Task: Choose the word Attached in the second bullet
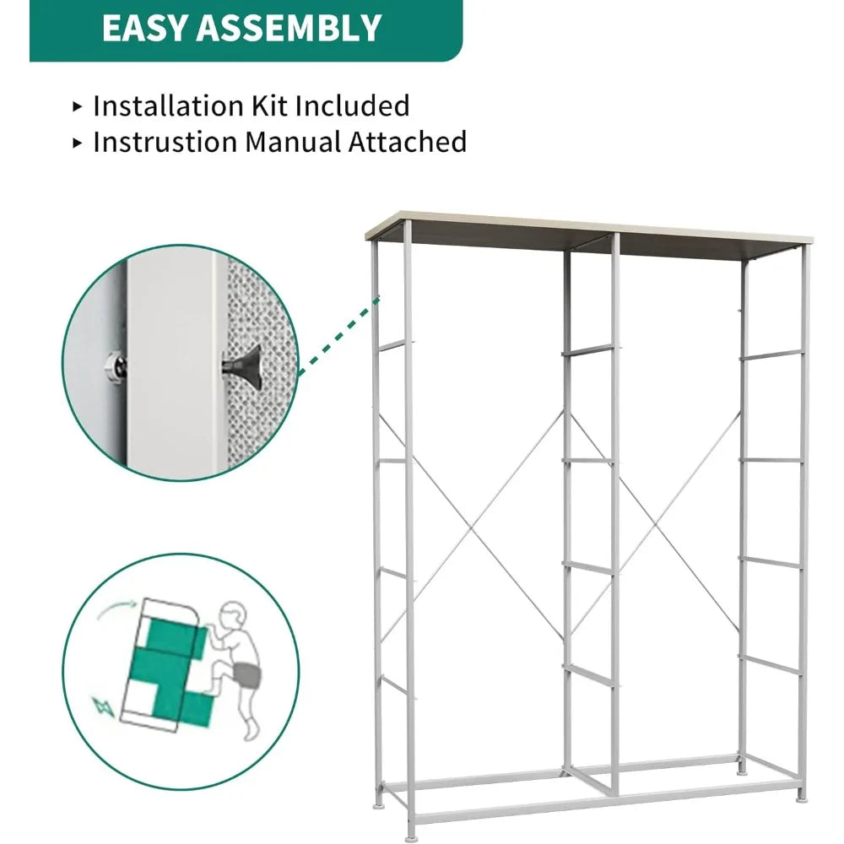pyautogui.click(x=408, y=142)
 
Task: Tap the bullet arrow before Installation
pyautogui.click(x=78, y=106)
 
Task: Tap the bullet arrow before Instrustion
pyautogui.click(x=78, y=143)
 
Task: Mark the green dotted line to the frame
pyautogui.click(x=338, y=333)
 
